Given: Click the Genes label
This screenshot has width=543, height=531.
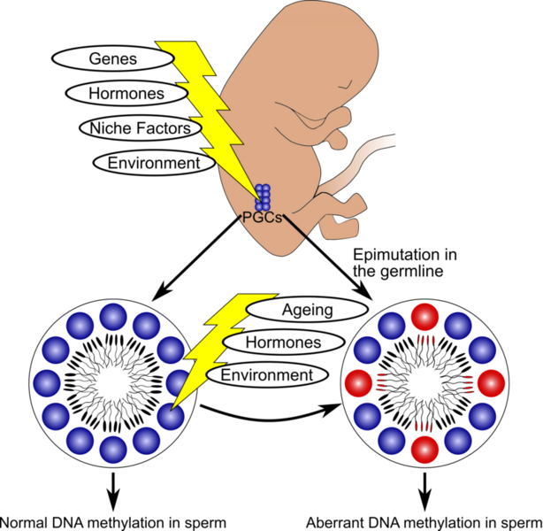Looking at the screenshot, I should click(x=113, y=58).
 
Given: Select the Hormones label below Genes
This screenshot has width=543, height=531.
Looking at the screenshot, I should click(x=126, y=93).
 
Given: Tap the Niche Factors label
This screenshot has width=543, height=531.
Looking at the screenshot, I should click(x=140, y=128).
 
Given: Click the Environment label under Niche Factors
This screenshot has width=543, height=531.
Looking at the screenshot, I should click(x=153, y=163).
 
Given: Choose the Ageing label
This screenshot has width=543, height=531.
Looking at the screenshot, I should click(x=307, y=309).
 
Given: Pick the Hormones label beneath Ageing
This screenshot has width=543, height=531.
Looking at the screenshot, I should click(x=283, y=342).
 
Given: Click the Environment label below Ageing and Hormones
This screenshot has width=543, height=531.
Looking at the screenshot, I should click(x=266, y=375).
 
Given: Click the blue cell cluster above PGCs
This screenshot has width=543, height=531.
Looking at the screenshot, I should click(x=263, y=196).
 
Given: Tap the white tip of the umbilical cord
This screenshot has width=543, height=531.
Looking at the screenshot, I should click(x=399, y=140).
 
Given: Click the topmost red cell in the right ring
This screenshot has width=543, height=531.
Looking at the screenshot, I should click(x=424, y=317).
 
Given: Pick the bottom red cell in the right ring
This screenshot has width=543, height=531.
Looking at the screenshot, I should click(x=424, y=450).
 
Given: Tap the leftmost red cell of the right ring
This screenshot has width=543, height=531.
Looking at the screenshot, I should click(x=358, y=383).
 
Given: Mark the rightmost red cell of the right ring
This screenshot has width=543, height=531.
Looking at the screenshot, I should click(x=491, y=383).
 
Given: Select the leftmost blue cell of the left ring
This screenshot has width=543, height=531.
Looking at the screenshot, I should click(x=47, y=384).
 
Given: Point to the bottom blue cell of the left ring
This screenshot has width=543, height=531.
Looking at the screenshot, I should click(x=113, y=450).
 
